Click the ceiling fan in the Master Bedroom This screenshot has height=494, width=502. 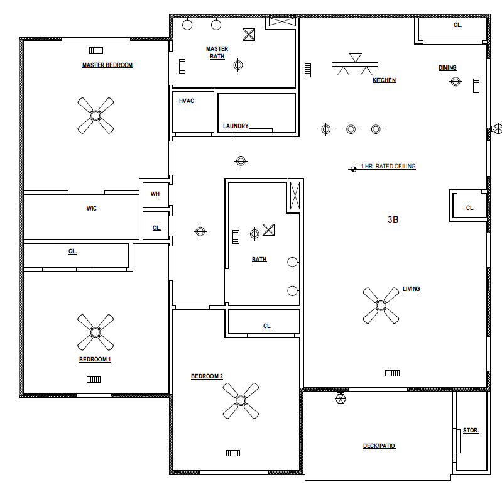(x=95, y=116)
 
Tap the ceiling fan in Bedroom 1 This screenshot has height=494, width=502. (x=95, y=332)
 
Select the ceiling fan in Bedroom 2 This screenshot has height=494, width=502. (x=241, y=401)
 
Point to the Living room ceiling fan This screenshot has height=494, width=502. (x=381, y=305)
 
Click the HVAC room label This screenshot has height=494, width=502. (x=187, y=101)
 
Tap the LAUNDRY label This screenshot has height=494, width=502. (x=236, y=126)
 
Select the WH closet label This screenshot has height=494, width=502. (x=155, y=194)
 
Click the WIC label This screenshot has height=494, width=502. (x=92, y=209)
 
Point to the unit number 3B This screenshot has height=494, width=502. (x=393, y=220)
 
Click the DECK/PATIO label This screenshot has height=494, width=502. (x=379, y=446)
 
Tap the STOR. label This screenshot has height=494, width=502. (x=471, y=431)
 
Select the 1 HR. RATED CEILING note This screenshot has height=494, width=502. (x=388, y=167)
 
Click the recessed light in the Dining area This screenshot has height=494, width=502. (x=456, y=81)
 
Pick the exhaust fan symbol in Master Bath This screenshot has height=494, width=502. (x=249, y=35)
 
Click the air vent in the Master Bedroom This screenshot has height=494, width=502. (x=96, y=51)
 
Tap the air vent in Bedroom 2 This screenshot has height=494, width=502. (x=233, y=453)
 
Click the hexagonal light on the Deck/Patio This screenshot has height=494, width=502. (x=341, y=398)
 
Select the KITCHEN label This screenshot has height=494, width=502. (x=384, y=80)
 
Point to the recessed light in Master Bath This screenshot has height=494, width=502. (x=238, y=65)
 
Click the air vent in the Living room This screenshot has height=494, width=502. (x=392, y=373)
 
